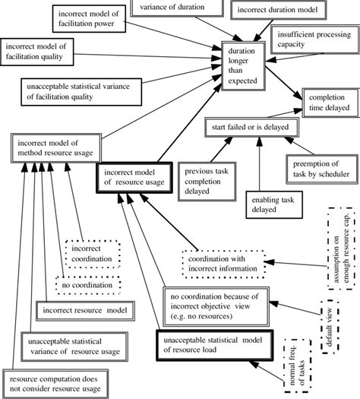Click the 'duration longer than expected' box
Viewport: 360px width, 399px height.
242,67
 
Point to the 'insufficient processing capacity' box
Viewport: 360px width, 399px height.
314,40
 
